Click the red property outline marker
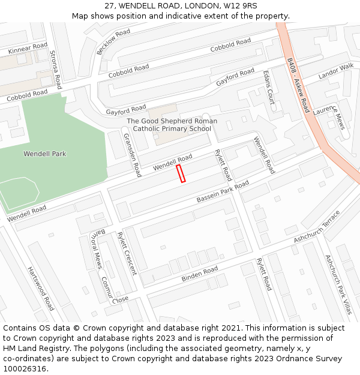click(181, 173)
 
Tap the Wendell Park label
click(44, 154)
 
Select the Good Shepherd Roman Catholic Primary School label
click(172, 125)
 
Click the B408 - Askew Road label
click(298, 85)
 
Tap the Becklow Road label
click(113, 41)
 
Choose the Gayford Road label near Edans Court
click(235, 77)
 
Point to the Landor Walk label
click(336, 72)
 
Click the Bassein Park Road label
click(223, 192)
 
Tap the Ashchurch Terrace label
click(317, 227)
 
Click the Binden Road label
click(200, 275)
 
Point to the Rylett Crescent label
click(127, 253)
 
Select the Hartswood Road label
click(41, 289)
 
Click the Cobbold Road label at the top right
click(230, 44)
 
